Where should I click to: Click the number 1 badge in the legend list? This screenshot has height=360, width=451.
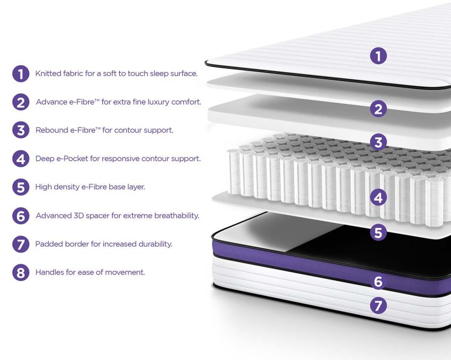(x=21, y=73)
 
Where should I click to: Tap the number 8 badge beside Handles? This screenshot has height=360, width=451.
(x=21, y=272)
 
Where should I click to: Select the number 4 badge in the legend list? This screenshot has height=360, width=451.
(x=21, y=159)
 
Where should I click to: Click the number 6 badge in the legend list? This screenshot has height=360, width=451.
(x=21, y=216)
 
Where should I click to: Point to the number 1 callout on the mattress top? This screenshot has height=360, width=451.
(x=378, y=55)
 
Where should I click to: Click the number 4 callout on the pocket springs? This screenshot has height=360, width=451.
(x=378, y=197)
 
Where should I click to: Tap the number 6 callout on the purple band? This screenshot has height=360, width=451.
(x=378, y=281)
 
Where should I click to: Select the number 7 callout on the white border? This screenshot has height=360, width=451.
(x=378, y=305)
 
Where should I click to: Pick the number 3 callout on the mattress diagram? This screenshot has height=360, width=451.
(x=378, y=142)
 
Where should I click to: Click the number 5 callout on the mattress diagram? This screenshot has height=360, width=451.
(x=378, y=232)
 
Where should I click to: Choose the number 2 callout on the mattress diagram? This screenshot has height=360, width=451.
(x=378, y=109)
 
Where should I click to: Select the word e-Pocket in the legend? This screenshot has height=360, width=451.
(x=72, y=159)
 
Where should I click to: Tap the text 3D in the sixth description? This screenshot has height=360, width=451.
(x=79, y=216)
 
